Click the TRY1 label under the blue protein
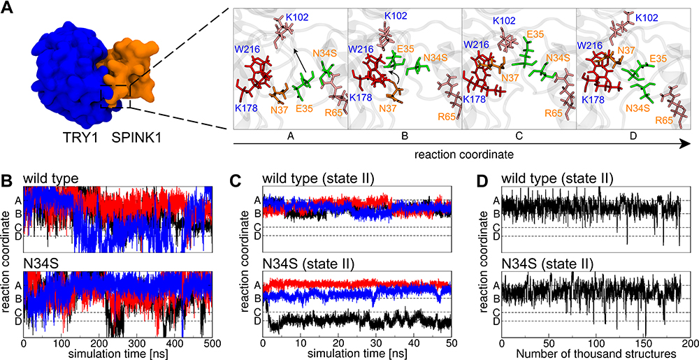(x=57, y=131)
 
